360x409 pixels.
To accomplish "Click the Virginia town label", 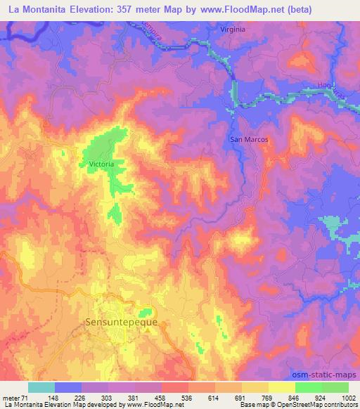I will pyautogui.click(x=233, y=30).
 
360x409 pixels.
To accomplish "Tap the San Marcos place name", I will pyautogui.click(x=250, y=139).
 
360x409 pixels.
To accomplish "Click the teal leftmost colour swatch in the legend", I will pyautogui.click(x=41, y=387).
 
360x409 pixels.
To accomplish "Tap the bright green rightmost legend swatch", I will pyautogui.click(x=335, y=387).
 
